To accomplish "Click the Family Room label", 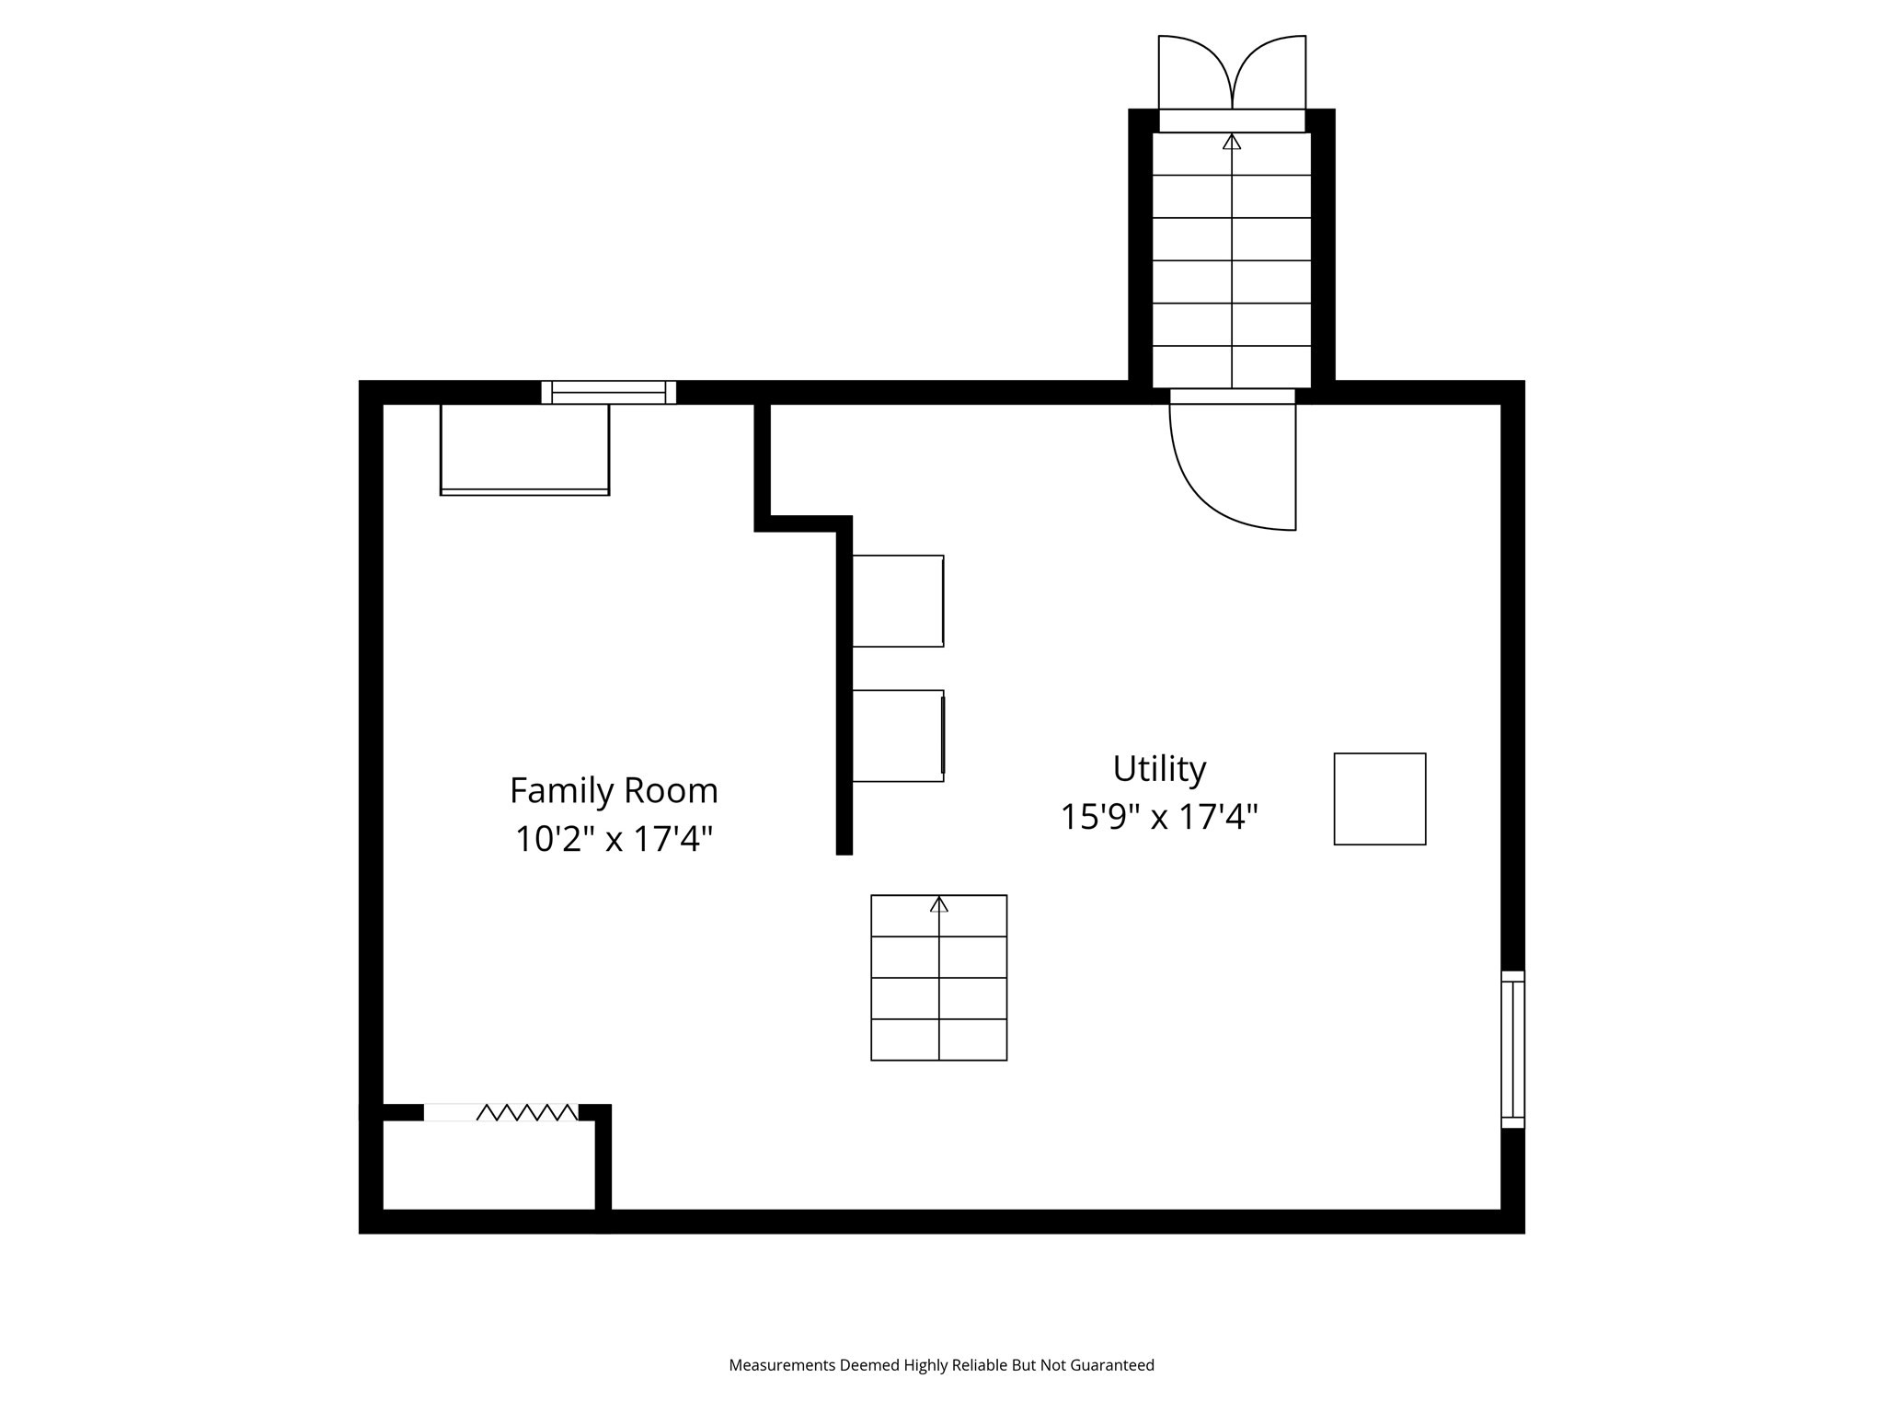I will (614, 791).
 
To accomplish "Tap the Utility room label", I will (1159, 769).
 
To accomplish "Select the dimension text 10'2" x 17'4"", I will (614, 839).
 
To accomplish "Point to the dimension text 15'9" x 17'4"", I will (1159, 817).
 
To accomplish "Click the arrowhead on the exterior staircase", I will (1232, 142).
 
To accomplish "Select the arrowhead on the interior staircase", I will (939, 904).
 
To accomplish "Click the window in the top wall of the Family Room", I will (608, 393).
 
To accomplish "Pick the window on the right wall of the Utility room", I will (1512, 1050).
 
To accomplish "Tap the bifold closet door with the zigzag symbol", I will (526, 1112).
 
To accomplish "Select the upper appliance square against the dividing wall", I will (898, 601).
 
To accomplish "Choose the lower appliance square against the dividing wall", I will (898, 736).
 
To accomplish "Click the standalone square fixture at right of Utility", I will (1380, 798).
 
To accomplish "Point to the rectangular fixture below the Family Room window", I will (524, 449).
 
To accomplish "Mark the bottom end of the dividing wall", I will (844, 848).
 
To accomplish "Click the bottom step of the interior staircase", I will (939, 1040).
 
